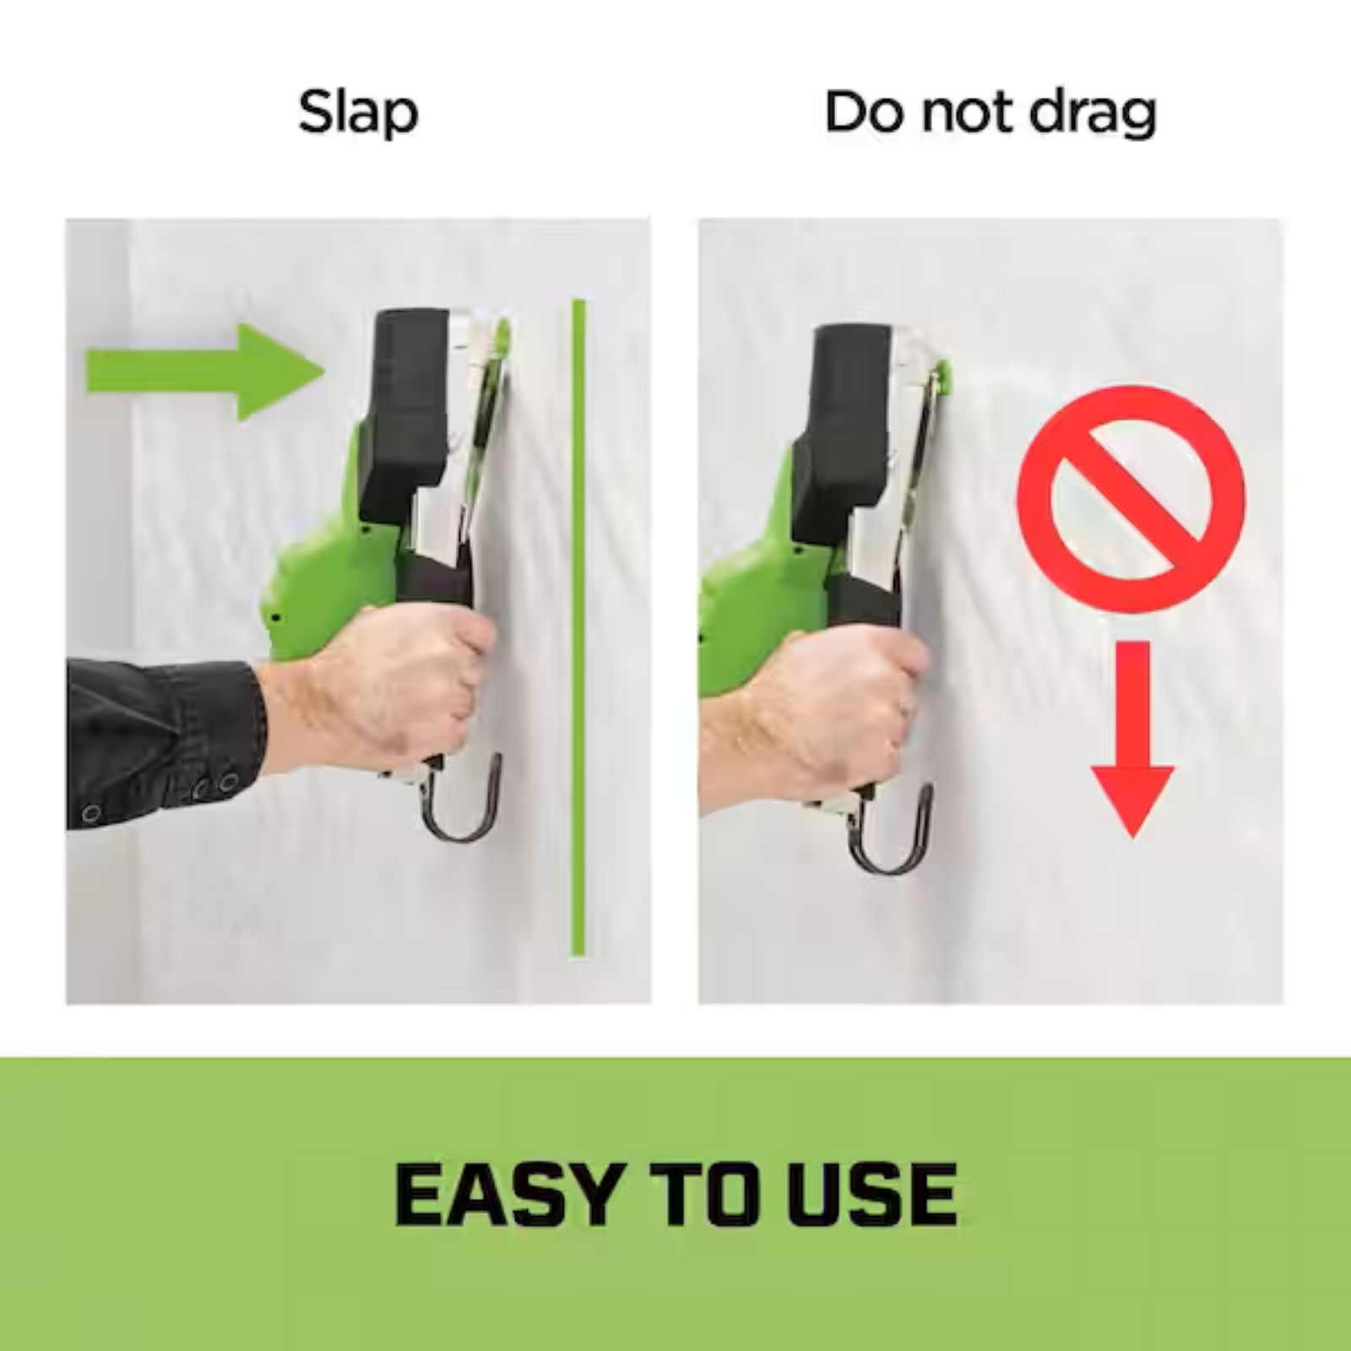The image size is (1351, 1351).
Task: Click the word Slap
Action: tap(358, 113)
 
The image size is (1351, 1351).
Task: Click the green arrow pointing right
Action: tap(206, 372)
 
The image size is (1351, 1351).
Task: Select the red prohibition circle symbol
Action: tap(1131, 499)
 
